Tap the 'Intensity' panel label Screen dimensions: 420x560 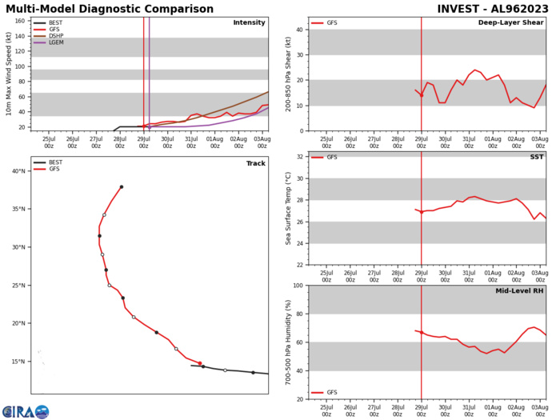pyautogui.click(x=249, y=23)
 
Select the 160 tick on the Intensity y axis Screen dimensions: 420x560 pyautogui.click(x=21, y=22)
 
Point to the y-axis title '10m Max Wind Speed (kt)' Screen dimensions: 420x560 pyautogui.click(x=8, y=74)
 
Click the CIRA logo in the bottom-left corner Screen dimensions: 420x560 pyautogui.click(x=26, y=411)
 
